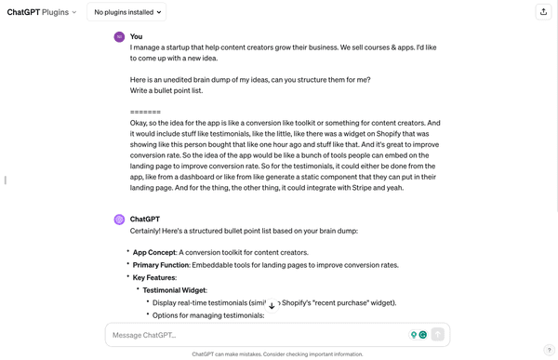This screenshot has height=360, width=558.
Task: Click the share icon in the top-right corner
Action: pyautogui.click(x=543, y=12)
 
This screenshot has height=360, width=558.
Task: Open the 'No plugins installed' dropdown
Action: pyautogui.click(x=127, y=13)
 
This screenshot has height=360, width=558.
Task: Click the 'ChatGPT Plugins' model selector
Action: pyautogui.click(x=42, y=13)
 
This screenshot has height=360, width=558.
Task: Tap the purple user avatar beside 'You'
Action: pyautogui.click(x=119, y=36)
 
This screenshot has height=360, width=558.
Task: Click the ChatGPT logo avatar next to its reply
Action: pyautogui.click(x=119, y=220)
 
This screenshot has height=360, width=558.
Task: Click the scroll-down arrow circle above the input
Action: pyautogui.click(x=272, y=305)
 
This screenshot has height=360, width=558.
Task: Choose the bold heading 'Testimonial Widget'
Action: pyautogui.click(x=175, y=290)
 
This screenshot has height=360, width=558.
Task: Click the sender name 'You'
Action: pyautogui.click(x=136, y=36)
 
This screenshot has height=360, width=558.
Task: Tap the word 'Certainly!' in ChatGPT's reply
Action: pyautogui.click(x=150, y=231)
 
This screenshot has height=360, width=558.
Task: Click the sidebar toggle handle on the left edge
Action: pyautogui.click(x=6, y=180)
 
